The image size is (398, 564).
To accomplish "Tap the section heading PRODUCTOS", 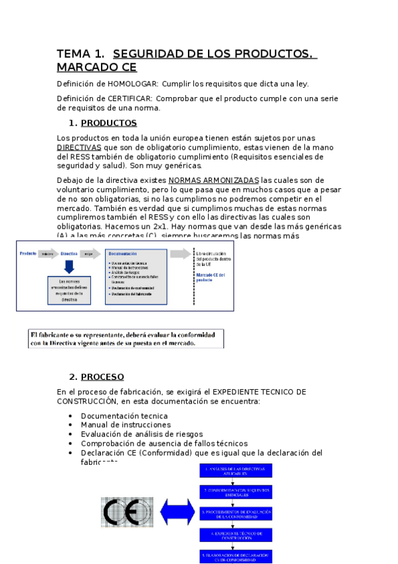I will click(x=109, y=123).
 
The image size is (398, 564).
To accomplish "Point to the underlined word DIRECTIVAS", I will click(x=79, y=147).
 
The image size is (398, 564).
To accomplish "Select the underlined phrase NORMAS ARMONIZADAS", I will click(x=214, y=180).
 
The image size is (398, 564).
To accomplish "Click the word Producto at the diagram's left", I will click(x=28, y=253).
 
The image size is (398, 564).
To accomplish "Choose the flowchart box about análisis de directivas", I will click(x=236, y=471).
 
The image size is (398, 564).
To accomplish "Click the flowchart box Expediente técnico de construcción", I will click(x=236, y=535).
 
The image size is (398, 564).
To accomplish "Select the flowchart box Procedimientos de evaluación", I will click(x=236, y=513).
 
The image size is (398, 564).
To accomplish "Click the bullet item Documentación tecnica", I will click(x=120, y=416).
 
